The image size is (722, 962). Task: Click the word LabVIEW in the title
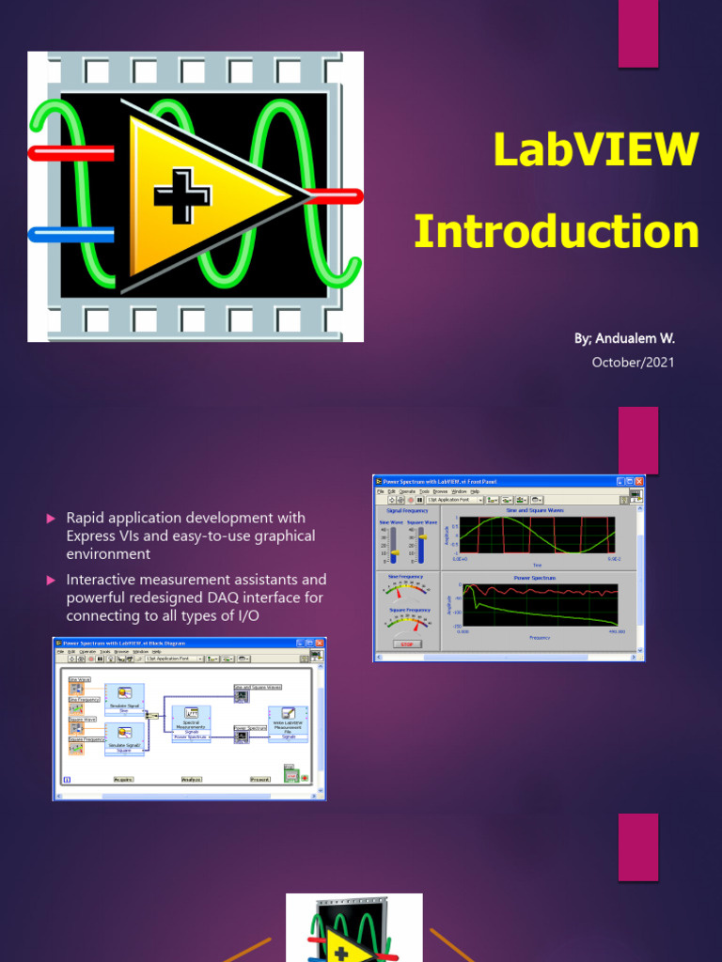pos(596,150)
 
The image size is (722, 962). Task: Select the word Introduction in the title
pos(556,232)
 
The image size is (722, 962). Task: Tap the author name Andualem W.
pos(624,338)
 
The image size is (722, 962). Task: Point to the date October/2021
pos(633,363)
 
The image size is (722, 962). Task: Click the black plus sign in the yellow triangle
pos(181,196)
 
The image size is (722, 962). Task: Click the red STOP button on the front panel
pos(407,644)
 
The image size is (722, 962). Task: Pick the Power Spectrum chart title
pos(536,578)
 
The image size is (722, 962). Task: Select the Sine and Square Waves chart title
pos(536,510)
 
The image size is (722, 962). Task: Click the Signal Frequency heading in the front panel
pos(407,510)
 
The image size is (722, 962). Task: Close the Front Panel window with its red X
pos(638,481)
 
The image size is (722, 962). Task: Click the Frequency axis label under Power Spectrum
pos(539,637)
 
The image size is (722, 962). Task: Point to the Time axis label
pos(538,565)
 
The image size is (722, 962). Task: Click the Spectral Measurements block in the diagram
pos(191,721)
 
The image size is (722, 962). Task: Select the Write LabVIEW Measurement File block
pos(288,722)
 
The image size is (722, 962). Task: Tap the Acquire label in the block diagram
pos(122,779)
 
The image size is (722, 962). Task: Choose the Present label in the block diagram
pos(260,779)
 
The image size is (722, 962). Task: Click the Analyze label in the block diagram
pos(192,779)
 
